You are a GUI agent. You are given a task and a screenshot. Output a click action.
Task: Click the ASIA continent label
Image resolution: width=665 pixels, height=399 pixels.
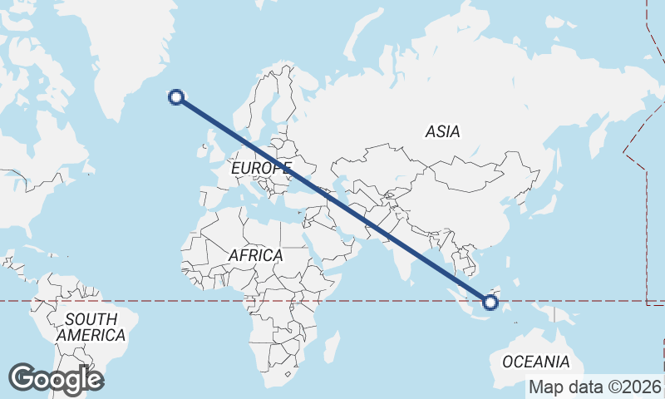coord(442,131)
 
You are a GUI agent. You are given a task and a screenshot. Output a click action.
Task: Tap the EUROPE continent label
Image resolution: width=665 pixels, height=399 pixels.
coord(259,170)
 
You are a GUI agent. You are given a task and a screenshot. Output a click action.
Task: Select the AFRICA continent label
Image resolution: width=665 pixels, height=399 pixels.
coord(255,255)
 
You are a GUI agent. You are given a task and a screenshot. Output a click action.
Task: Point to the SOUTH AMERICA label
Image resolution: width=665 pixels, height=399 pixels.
coord(91,328)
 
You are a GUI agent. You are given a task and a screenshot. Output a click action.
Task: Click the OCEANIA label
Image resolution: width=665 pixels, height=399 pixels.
coord(536,362)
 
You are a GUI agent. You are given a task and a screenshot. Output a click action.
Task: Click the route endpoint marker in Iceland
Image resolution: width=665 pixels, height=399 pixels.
coord(176,97)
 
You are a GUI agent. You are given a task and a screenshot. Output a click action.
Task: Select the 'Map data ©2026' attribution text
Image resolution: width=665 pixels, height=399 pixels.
coord(595,387)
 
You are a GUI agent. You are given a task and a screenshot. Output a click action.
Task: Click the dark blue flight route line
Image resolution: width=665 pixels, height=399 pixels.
coord(332,199)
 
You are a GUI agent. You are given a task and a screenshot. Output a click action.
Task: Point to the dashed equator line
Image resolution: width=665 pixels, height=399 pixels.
coord(166,301)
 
